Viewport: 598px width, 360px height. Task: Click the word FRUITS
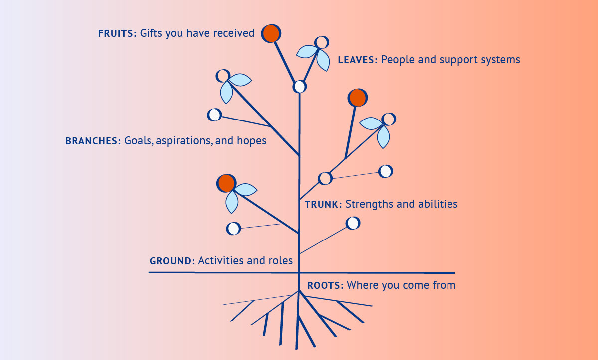click(117, 33)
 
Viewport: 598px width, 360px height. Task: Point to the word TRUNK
click(323, 204)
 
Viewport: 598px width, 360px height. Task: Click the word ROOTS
click(325, 286)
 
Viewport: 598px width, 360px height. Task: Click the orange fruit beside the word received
click(271, 33)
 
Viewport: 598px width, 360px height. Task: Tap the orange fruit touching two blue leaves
click(226, 183)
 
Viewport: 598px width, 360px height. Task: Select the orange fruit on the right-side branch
click(357, 98)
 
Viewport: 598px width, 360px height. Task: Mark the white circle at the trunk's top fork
click(299, 87)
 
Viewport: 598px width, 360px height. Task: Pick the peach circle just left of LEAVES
click(322, 42)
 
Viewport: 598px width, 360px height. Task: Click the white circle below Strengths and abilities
click(353, 223)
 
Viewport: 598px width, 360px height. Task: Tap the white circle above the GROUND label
click(233, 229)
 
